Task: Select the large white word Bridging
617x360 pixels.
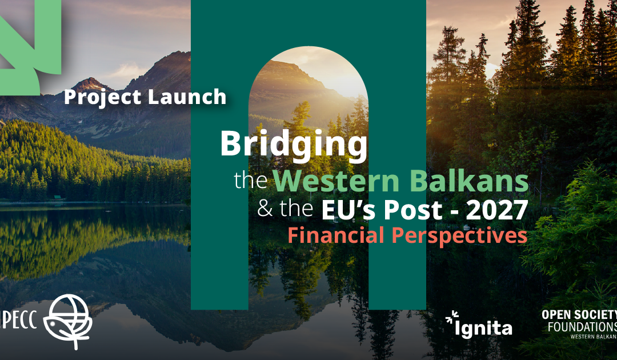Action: point(294,145)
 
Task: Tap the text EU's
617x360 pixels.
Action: point(350,210)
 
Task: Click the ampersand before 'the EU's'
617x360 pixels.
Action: point(265,209)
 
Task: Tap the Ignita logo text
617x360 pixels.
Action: point(483,329)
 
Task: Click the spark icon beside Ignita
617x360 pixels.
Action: point(452,317)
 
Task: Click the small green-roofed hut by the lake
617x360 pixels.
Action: point(58,198)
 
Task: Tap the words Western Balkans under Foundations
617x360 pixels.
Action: point(594,337)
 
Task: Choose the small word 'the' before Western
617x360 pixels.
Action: point(251,181)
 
